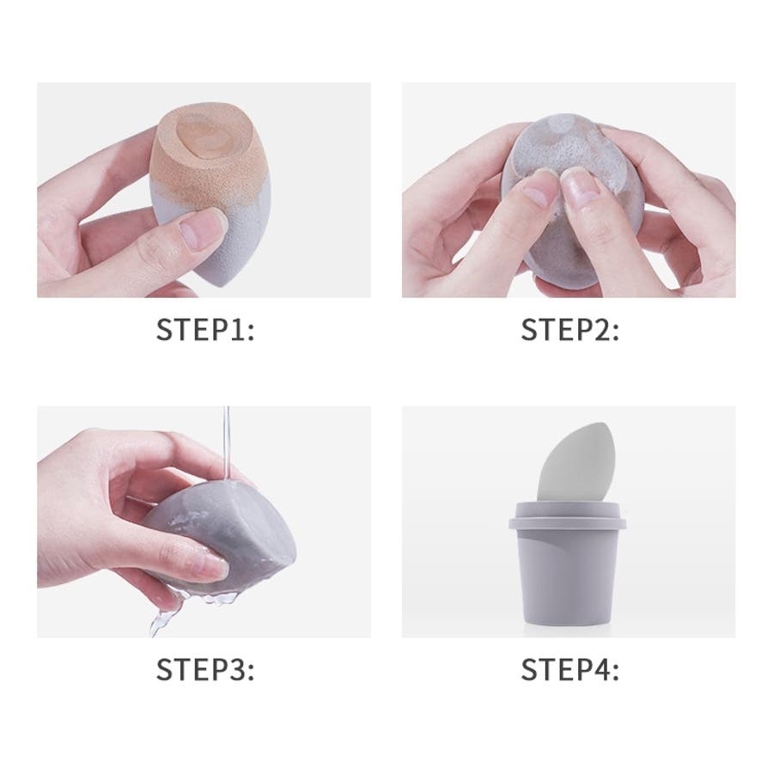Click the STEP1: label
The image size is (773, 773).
pyautogui.click(x=205, y=329)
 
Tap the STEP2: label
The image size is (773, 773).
pyautogui.click(x=570, y=329)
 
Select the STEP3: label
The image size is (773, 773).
pyautogui.click(x=205, y=669)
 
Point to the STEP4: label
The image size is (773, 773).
pyautogui.click(x=570, y=669)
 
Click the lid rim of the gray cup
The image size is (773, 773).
pyautogui.click(x=567, y=522)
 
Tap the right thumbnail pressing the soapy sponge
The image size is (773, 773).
pyautogui.click(x=582, y=185)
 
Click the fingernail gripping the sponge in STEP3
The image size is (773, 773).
pyautogui.click(x=212, y=566)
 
